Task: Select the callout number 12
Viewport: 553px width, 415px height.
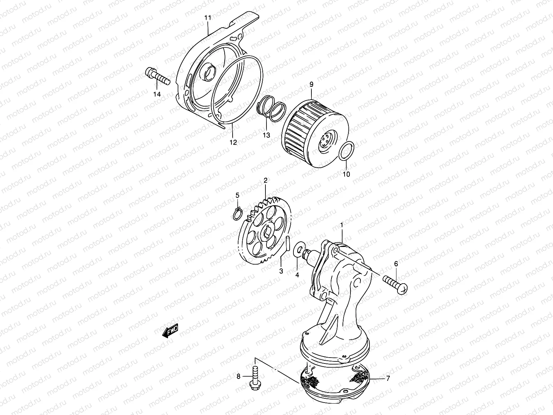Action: pos(233,142)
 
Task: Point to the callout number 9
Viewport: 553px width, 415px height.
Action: pos(311,84)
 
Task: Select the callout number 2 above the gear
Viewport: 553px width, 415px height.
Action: pos(265,180)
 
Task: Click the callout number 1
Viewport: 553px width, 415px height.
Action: pos(341,225)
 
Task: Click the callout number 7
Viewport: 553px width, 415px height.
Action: pos(388,379)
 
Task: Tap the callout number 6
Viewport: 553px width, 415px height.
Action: pos(396,264)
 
